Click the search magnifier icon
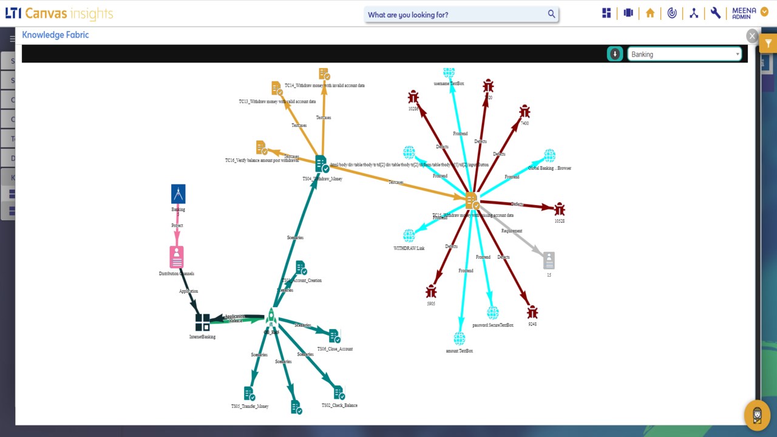(x=551, y=14)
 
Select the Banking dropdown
(x=684, y=54)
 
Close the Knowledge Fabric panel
(x=752, y=36)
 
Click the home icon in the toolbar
(x=650, y=13)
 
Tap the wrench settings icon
(x=716, y=13)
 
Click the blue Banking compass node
(x=178, y=194)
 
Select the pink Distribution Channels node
(x=177, y=257)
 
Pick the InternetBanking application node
(x=202, y=322)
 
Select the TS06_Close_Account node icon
(x=334, y=336)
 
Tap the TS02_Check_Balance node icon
(x=339, y=392)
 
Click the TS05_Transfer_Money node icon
(x=249, y=394)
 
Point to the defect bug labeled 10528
(x=559, y=209)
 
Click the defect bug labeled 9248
(x=532, y=312)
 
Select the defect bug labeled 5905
(x=431, y=292)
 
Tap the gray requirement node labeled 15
(x=549, y=260)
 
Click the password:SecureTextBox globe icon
(x=493, y=313)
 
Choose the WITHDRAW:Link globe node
(x=409, y=235)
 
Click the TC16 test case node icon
(x=262, y=147)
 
